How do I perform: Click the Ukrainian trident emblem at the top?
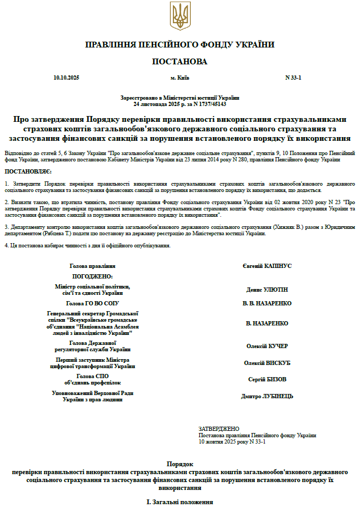click(180, 16)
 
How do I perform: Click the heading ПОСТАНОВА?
click(180, 62)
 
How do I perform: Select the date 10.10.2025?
click(66, 78)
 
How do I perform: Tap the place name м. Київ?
click(180, 78)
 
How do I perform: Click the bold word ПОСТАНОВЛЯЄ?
click(28, 172)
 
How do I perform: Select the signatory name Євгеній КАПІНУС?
click(267, 266)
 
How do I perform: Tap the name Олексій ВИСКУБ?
click(267, 363)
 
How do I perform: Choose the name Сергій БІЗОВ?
click(267, 379)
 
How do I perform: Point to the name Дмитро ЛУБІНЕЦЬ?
click(267, 396)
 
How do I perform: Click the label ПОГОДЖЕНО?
click(92, 276)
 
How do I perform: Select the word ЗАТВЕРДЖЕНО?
click(219, 429)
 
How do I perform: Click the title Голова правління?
click(92, 266)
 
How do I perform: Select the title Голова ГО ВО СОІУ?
click(92, 303)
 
